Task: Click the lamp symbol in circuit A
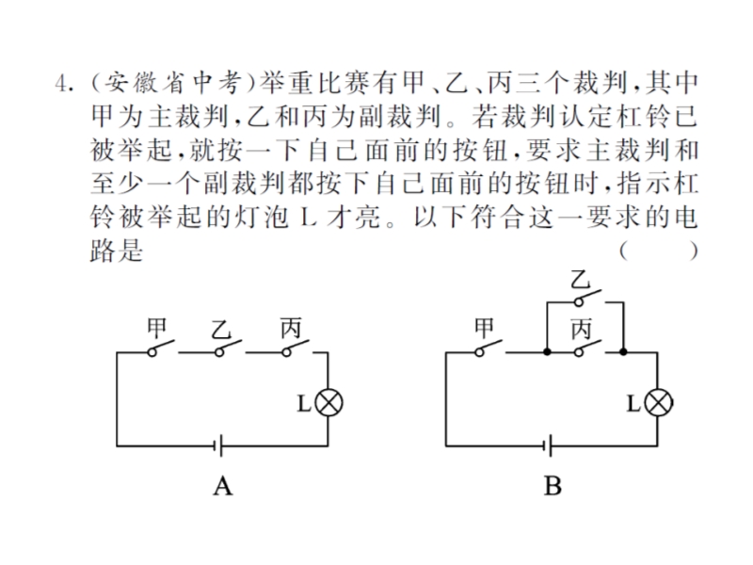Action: (328, 403)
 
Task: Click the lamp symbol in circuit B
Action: (658, 403)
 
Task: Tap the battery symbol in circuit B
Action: (548, 446)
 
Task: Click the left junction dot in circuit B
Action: (547, 352)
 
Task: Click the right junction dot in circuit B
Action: (623, 352)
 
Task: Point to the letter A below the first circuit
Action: (223, 486)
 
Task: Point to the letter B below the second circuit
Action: (553, 486)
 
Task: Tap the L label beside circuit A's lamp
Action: (304, 403)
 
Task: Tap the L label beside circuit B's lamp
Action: (633, 403)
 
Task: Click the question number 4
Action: (62, 84)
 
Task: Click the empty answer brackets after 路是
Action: (658, 250)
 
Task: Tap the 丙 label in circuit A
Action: (291, 329)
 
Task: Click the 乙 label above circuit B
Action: (580, 280)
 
